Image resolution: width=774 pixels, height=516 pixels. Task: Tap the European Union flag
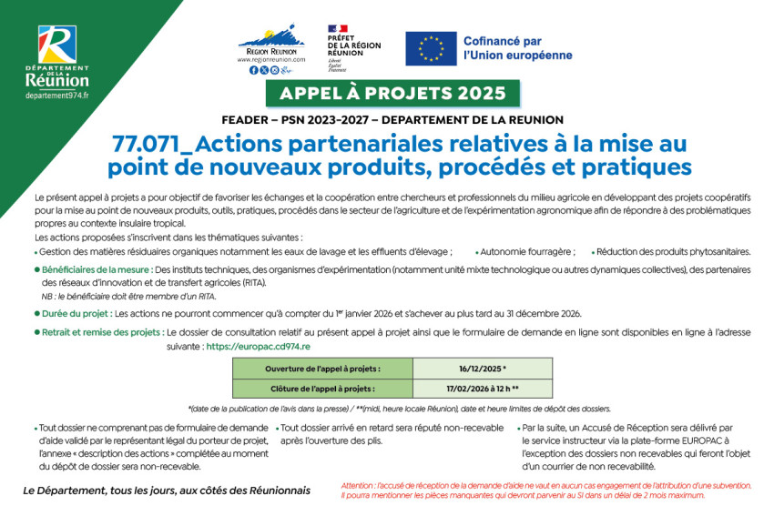(x=431, y=48)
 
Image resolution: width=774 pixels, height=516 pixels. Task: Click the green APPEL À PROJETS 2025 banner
(x=392, y=94)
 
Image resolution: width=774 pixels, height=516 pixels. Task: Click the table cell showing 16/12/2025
(x=483, y=369)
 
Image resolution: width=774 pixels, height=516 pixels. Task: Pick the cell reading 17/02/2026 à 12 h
(x=483, y=389)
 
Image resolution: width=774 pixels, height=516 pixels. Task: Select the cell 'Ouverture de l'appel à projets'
(x=322, y=369)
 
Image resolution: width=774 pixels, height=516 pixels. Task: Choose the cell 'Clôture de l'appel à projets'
(x=322, y=389)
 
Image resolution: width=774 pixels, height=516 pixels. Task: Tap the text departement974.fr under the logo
(x=56, y=96)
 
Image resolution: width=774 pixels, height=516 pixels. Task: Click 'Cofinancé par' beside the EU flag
(x=502, y=41)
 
